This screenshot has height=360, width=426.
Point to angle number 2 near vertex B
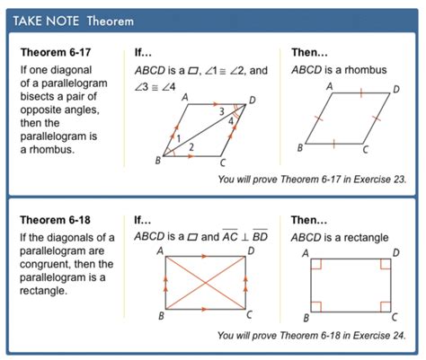[x=191, y=145]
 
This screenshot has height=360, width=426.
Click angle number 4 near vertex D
[x=233, y=119]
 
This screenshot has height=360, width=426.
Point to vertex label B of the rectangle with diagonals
[x=161, y=316]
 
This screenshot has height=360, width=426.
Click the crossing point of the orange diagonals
[x=206, y=283]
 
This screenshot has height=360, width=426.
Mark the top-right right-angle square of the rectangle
[x=386, y=265]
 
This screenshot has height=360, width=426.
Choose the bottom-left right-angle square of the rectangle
[x=316, y=302]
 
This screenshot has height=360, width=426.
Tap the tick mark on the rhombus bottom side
[x=334, y=143]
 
